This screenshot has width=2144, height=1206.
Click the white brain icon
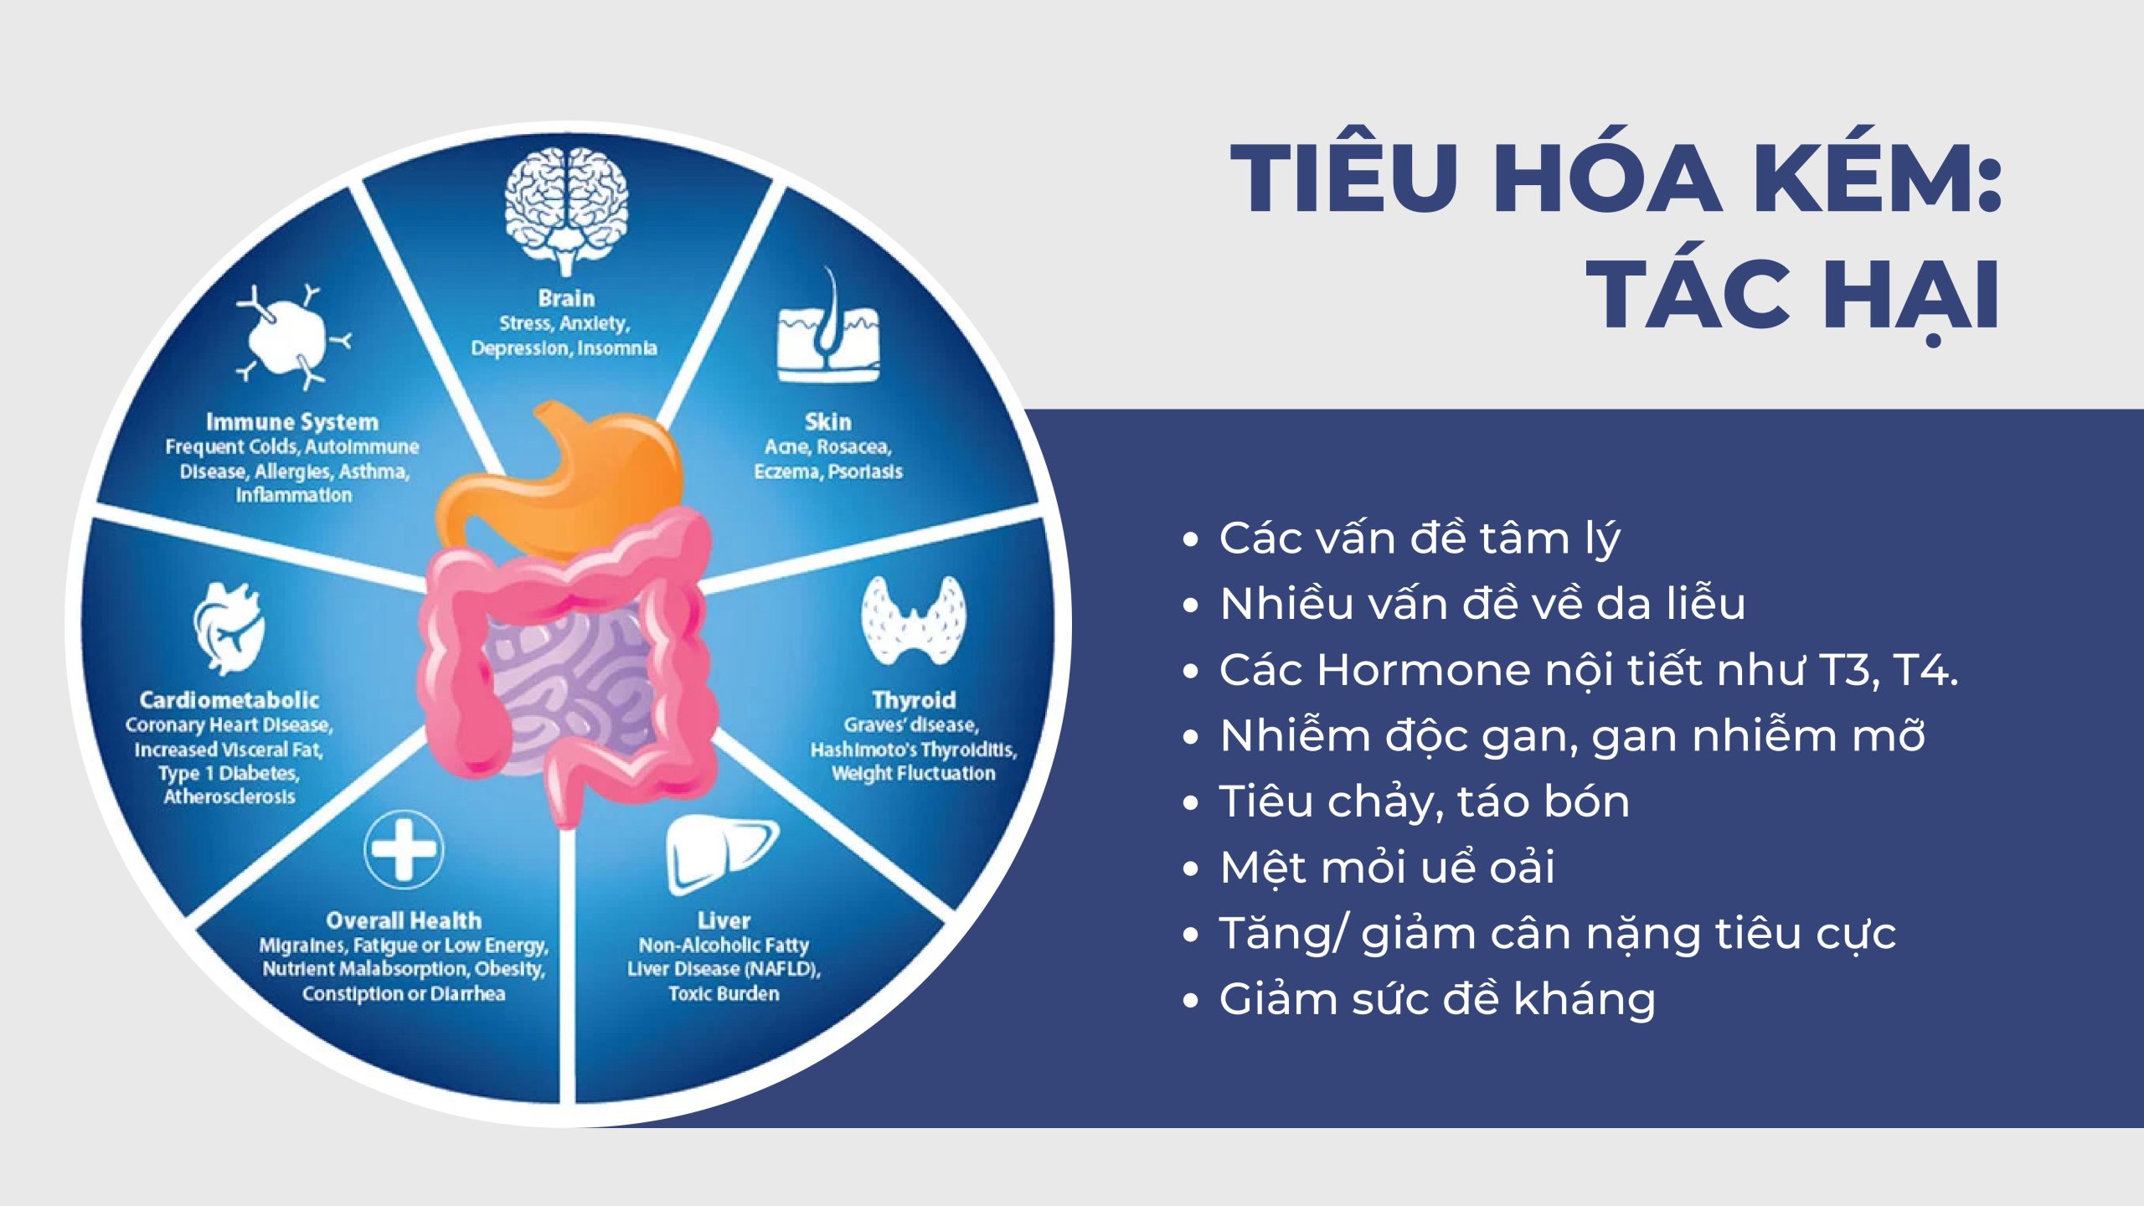[566, 211]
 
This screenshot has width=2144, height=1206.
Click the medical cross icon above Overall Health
[405, 850]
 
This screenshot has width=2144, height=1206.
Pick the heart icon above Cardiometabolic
[229, 630]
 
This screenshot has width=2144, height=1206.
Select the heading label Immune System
[292, 421]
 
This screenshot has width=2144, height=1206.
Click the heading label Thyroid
[914, 699]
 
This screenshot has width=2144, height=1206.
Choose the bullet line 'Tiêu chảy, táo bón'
[1425, 801]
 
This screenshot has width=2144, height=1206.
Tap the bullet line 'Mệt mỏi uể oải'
[1387, 867]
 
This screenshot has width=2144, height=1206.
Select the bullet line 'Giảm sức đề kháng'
[1437, 998]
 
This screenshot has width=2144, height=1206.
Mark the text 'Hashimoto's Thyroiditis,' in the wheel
[914, 750]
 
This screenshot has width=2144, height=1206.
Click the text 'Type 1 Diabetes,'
[229, 774]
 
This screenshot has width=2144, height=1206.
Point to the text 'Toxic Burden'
[724, 994]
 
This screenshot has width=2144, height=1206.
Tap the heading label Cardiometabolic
[229, 700]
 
